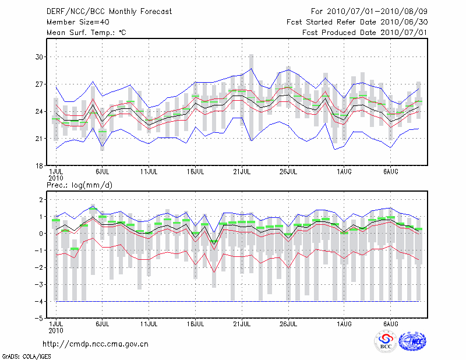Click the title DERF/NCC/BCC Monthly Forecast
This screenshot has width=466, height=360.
click(x=110, y=12)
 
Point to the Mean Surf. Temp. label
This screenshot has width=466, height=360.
click(x=86, y=33)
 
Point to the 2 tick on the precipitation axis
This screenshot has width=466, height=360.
click(x=41, y=200)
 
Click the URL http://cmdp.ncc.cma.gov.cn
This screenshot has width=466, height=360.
click(x=96, y=344)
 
